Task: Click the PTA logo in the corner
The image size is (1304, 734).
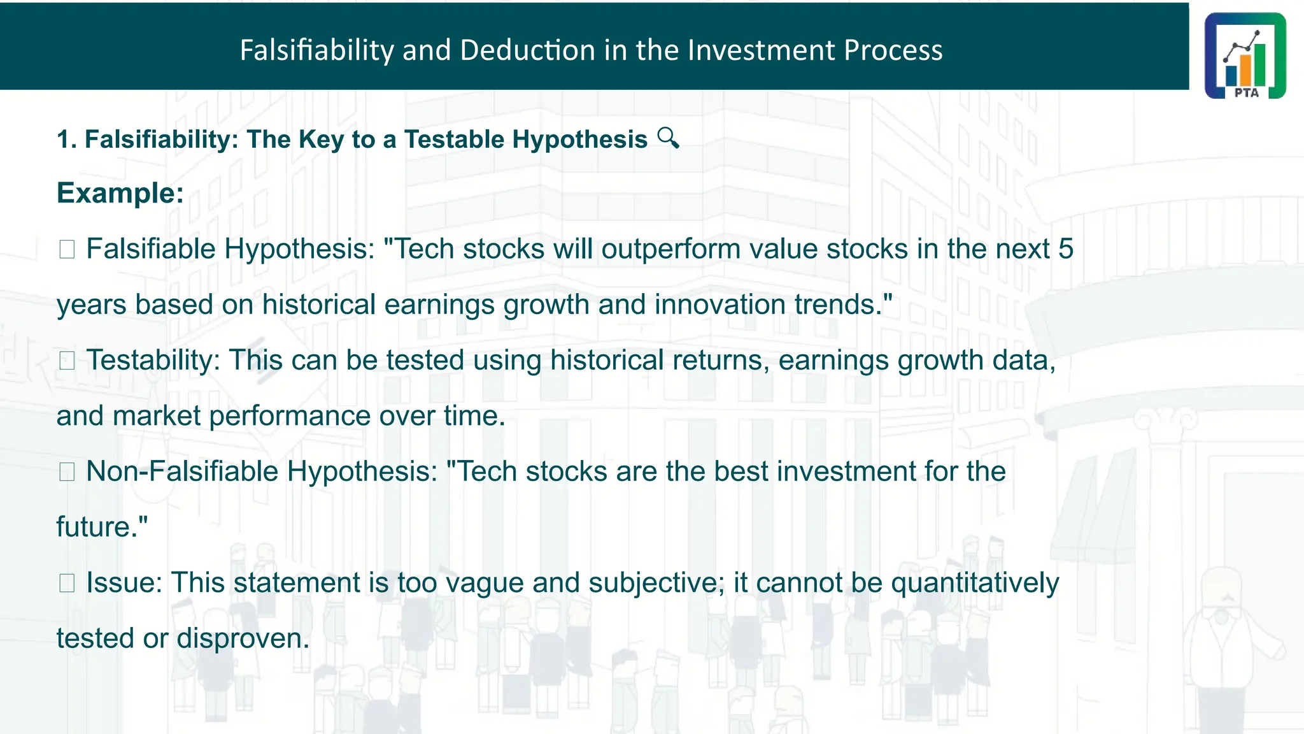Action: click(1245, 55)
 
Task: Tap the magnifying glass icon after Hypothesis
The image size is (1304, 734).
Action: click(668, 138)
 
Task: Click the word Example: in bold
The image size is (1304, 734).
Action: click(120, 193)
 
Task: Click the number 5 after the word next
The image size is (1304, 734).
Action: click(1066, 249)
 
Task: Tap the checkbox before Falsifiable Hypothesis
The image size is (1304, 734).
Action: click(67, 249)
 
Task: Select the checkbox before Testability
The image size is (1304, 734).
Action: click(67, 361)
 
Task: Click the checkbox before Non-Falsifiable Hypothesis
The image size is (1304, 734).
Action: click(67, 472)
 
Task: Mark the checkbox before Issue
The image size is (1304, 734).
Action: click(67, 583)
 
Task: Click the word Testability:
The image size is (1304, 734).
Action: click(153, 361)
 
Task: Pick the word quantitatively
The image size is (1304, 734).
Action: click(974, 583)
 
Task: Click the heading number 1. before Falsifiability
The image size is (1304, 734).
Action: click(67, 140)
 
